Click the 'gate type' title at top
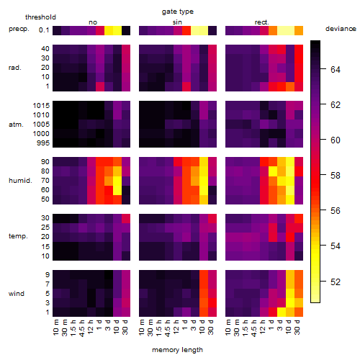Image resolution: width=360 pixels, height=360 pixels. (x=178, y=12)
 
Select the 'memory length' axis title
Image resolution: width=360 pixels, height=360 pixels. (x=177, y=350)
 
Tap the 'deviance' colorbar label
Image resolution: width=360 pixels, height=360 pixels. (x=341, y=29)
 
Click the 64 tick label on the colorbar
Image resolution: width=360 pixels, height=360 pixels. (x=336, y=70)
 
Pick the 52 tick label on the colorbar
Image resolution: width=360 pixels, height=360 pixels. (x=336, y=282)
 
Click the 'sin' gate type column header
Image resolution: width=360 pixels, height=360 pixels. (x=177, y=22)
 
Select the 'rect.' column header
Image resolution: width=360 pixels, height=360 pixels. (x=262, y=22)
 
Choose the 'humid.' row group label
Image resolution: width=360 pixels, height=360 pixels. (x=20, y=181)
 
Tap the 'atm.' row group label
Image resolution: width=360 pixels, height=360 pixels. (x=16, y=125)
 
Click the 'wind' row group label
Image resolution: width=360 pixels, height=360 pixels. (x=17, y=294)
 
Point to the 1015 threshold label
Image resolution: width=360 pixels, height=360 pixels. (x=41, y=106)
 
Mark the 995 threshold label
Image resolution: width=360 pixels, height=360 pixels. (x=43, y=143)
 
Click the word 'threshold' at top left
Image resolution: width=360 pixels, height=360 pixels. (x=40, y=17)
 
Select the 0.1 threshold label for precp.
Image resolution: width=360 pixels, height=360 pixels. (x=44, y=30)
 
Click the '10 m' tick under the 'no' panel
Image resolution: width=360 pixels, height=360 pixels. (x=56, y=327)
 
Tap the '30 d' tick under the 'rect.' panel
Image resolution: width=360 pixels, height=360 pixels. (x=297, y=327)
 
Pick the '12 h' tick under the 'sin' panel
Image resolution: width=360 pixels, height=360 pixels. (x=177, y=327)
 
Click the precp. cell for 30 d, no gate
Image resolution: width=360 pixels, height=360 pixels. (x=126, y=30)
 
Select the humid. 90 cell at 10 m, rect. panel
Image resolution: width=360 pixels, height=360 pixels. (x=230, y=162)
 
